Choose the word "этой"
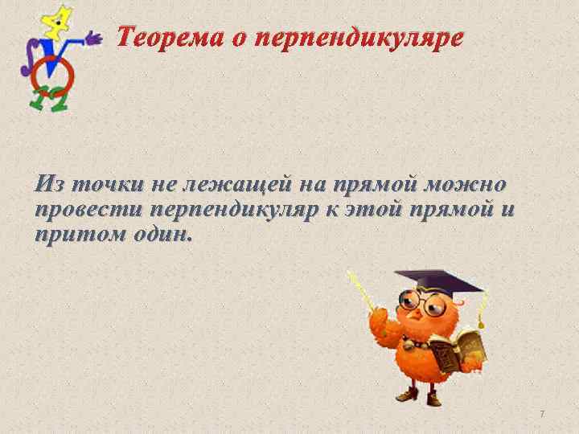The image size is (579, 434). (381, 211)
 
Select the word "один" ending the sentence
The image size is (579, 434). (164, 236)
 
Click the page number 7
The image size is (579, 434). (542, 413)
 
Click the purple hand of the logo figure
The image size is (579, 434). (94, 38)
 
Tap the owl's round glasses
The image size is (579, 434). (424, 303)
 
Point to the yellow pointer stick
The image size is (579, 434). (361, 293)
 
